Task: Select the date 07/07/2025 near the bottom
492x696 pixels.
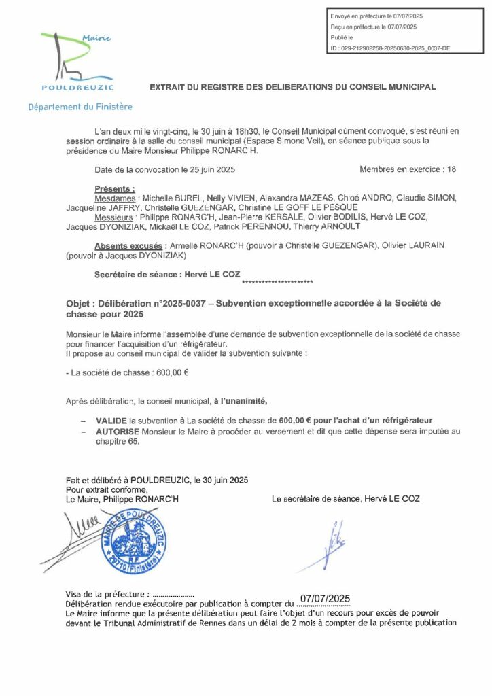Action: pyautogui.click(x=325, y=597)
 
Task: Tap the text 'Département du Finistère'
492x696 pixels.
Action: pyautogui.click(x=80, y=107)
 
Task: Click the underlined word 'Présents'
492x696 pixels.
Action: pyautogui.click(x=115, y=188)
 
